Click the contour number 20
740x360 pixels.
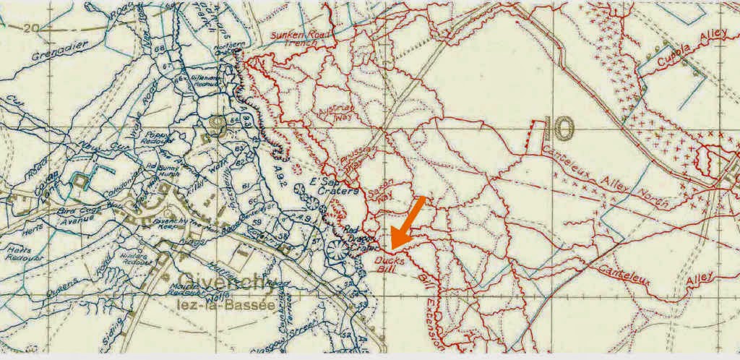pyautogui.click(x=29, y=28)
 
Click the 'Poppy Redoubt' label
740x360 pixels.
pyautogui.click(x=158, y=137)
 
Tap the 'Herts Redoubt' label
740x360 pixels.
pyautogui.click(x=17, y=252)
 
